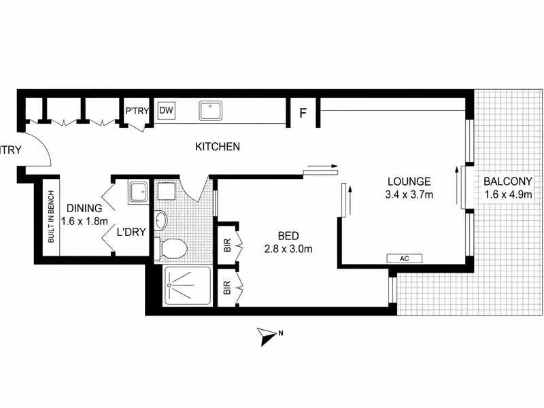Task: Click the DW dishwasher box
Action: tap(167, 110)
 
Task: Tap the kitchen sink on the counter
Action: tap(211, 111)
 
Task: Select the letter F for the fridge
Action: tap(303, 113)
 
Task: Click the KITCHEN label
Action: tap(218, 147)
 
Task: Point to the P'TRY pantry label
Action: tap(137, 111)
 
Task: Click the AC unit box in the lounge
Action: tap(405, 258)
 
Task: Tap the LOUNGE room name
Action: tap(409, 182)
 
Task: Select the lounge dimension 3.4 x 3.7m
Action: tap(409, 194)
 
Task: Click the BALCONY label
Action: tap(508, 181)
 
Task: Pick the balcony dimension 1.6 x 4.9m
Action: tap(508, 194)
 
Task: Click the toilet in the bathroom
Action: tap(171, 248)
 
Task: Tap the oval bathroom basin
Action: tap(160, 220)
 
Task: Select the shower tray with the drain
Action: tap(188, 286)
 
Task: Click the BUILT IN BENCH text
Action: tap(52, 217)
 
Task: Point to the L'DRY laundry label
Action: tap(131, 232)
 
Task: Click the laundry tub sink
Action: tap(139, 192)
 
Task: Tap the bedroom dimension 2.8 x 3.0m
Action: tap(288, 249)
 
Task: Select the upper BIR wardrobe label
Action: tap(228, 245)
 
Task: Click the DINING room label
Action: tap(84, 208)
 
